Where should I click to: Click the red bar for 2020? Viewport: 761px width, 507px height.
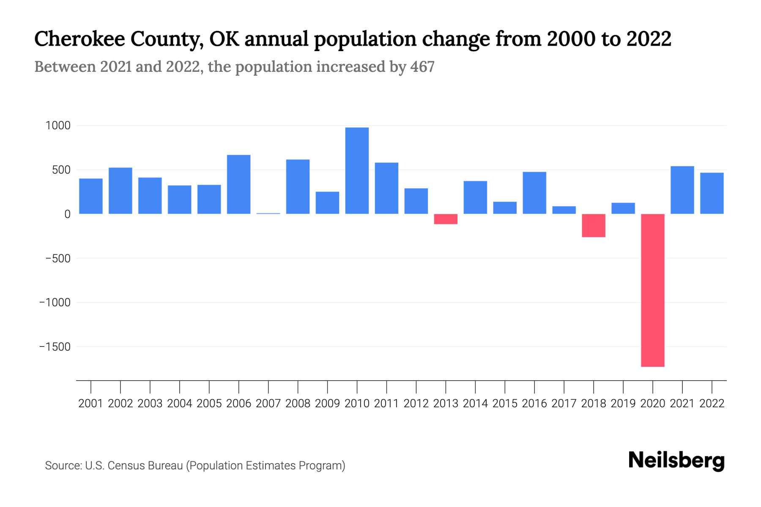[x=653, y=290]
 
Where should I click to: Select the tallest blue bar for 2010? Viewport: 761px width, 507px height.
[x=357, y=171]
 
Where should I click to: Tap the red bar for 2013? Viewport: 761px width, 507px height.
[x=446, y=219]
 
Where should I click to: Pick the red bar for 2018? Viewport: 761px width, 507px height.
[x=594, y=226]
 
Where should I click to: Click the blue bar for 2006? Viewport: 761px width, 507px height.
[x=238, y=184]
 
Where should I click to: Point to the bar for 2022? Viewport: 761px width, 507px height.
[x=712, y=193]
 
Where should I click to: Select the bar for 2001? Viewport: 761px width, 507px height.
[x=91, y=196]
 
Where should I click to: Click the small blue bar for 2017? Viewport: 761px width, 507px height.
[x=564, y=210]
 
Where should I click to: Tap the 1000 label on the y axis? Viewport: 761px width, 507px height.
[x=58, y=126]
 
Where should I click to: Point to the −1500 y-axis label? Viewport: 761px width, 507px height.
[x=55, y=347]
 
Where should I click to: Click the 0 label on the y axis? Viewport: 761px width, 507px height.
[x=67, y=214]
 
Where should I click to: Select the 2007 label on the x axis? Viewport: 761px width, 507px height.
[x=268, y=403]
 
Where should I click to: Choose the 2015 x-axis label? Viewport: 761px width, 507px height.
[x=505, y=403]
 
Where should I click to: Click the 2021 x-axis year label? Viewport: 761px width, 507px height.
[x=682, y=403]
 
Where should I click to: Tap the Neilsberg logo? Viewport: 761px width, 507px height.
[x=676, y=461]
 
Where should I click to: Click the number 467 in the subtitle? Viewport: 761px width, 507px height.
[x=422, y=67]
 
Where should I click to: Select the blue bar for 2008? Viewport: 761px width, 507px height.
[x=298, y=187]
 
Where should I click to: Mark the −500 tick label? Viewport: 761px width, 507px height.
[x=58, y=259]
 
